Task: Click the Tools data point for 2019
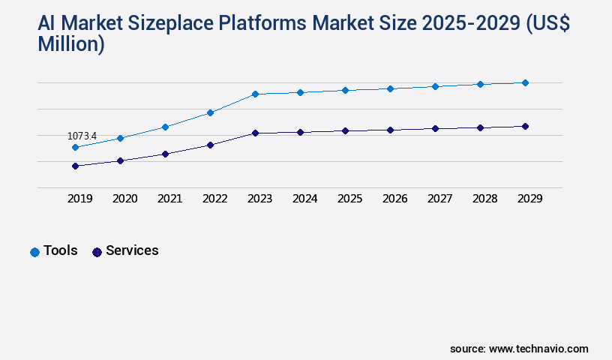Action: coord(75,148)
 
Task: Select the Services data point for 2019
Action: coord(75,166)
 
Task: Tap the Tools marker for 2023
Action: coord(255,94)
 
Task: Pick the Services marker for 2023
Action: coord(255,133)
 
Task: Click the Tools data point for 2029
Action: coord(525,82)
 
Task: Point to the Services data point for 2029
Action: coord(525,126)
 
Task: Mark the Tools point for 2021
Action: coord(165,127)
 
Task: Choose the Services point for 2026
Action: coord(390,130)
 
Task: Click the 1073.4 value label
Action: coord(82,136)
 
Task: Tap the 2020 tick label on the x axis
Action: coord(124,199)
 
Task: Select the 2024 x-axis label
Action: coord(304,199)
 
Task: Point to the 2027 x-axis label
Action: coord(439,199)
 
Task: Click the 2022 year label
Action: coord(214,199)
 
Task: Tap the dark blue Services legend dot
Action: coord(97,252)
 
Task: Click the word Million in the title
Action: coord(70,44)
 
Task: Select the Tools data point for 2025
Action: coord(345,90)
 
